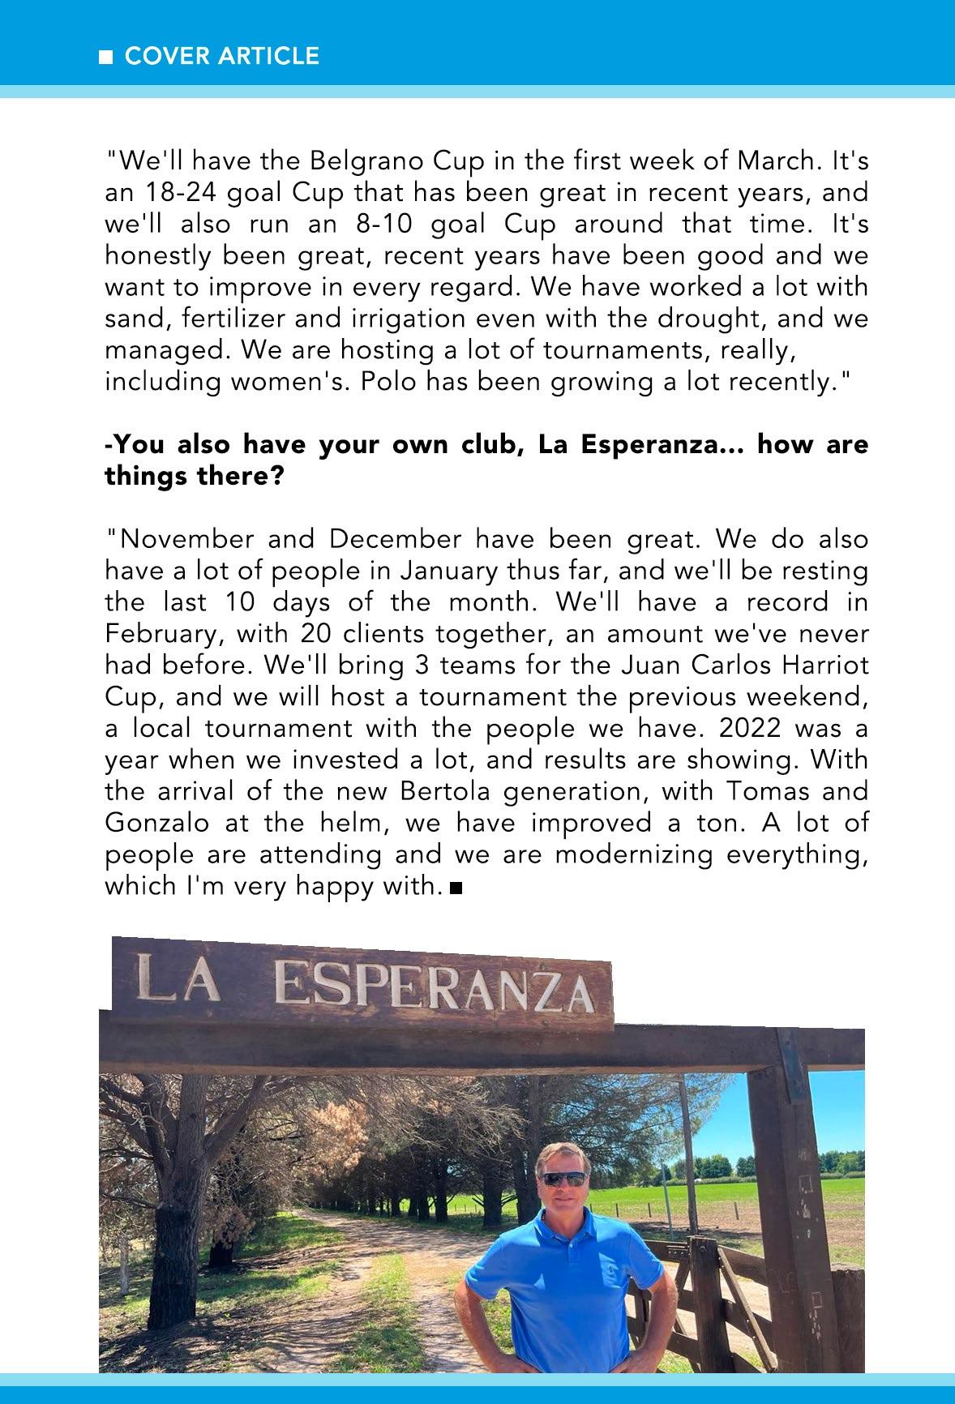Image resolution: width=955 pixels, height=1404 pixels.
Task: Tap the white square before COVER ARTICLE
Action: point(105,58)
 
